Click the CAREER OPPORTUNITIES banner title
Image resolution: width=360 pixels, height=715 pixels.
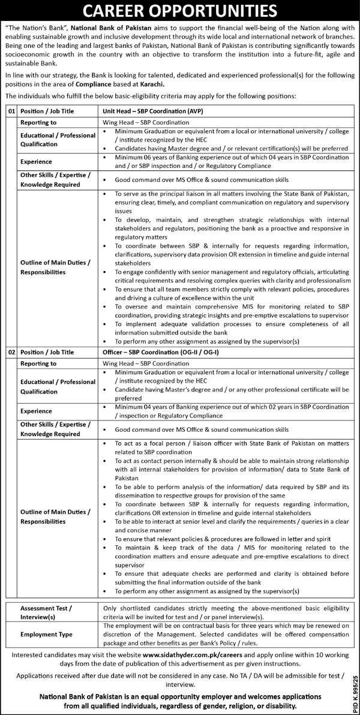180,11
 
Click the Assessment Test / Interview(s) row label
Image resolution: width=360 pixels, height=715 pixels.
47,612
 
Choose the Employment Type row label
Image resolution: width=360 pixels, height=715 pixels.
46,634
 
